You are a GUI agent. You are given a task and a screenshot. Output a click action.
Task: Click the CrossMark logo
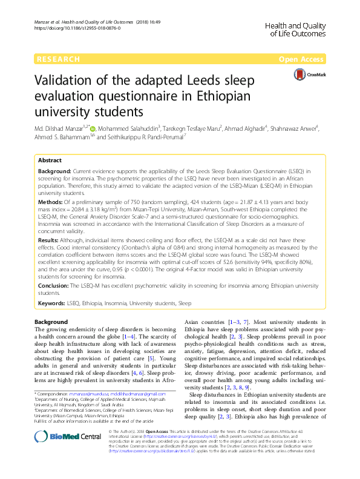tap(307, 74)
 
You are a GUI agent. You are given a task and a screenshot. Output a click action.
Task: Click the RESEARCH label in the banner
tap(58, 59)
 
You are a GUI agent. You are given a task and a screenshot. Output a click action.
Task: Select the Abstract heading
tap(50, 161)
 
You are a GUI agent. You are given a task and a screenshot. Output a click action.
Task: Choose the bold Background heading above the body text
tap(51, 322)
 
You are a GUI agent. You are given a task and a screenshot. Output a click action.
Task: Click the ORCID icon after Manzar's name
tap(93, 128)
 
